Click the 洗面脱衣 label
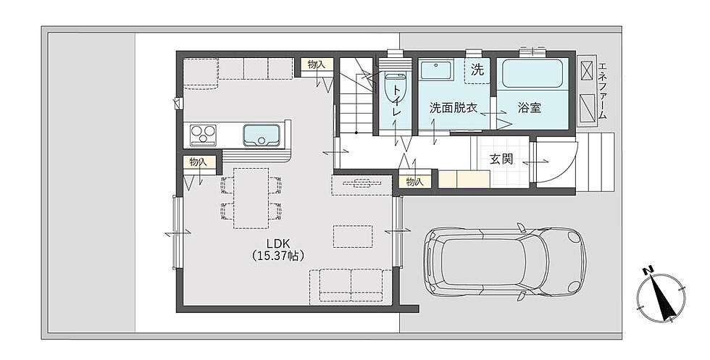tap(454, 108)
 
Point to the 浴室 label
tap(530, 108)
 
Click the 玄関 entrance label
tap(501, 159)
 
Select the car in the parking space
tap(505, 261)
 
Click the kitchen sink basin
tap(262, 135)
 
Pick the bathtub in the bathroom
tap(532, 73)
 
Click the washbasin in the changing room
tap(435, 70)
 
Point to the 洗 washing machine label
tap(477, 70)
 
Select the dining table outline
tap(251, 198)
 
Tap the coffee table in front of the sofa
tap(353, 236)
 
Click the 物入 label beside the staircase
tap(317, 64)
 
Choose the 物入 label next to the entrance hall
tap(414, 182)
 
